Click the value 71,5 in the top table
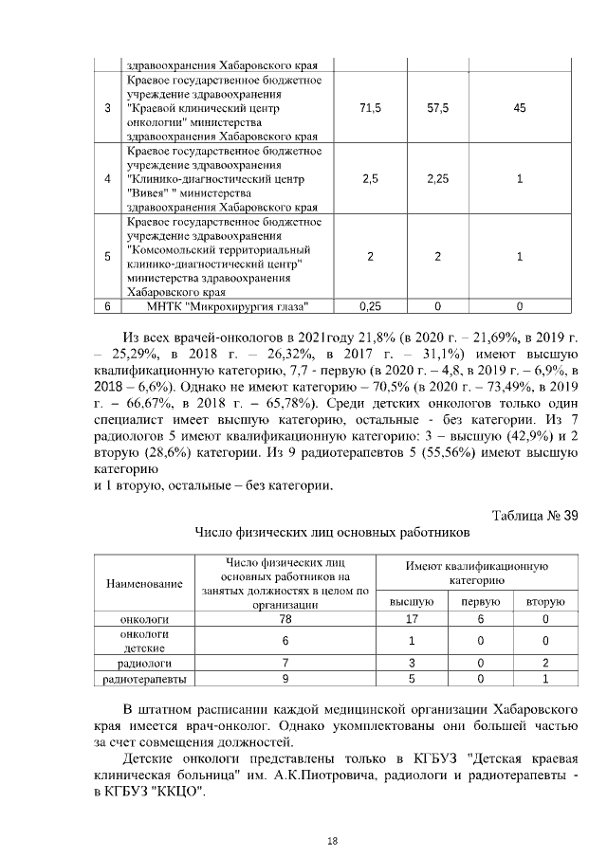[x=371, y=109]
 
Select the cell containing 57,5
[x=438, y=109]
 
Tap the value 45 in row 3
[x=519, y=109]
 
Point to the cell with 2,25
[x=438, y=179]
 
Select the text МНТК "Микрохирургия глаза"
[x=229, y=306]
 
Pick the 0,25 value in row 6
[x=371, y=306]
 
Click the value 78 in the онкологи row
[x=285, y=618]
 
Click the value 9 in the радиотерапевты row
[x=285, y=679]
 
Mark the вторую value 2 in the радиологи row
[x=545, y=663]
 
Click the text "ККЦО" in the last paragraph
[x=183, y=792]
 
